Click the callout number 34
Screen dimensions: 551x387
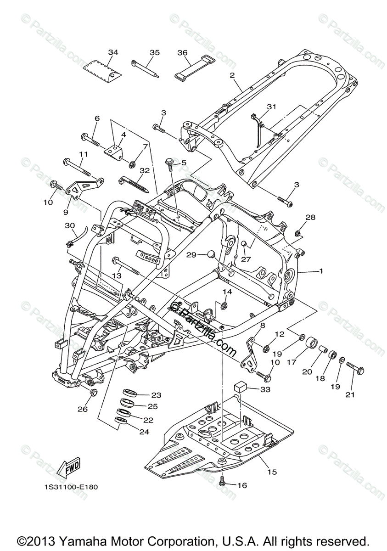click(113, 52)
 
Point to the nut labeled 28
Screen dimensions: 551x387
click(297, 234)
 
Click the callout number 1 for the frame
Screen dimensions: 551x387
click(321, 271)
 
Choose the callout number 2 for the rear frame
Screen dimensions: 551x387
click(232, 75)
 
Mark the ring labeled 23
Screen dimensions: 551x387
click(131, 394)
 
